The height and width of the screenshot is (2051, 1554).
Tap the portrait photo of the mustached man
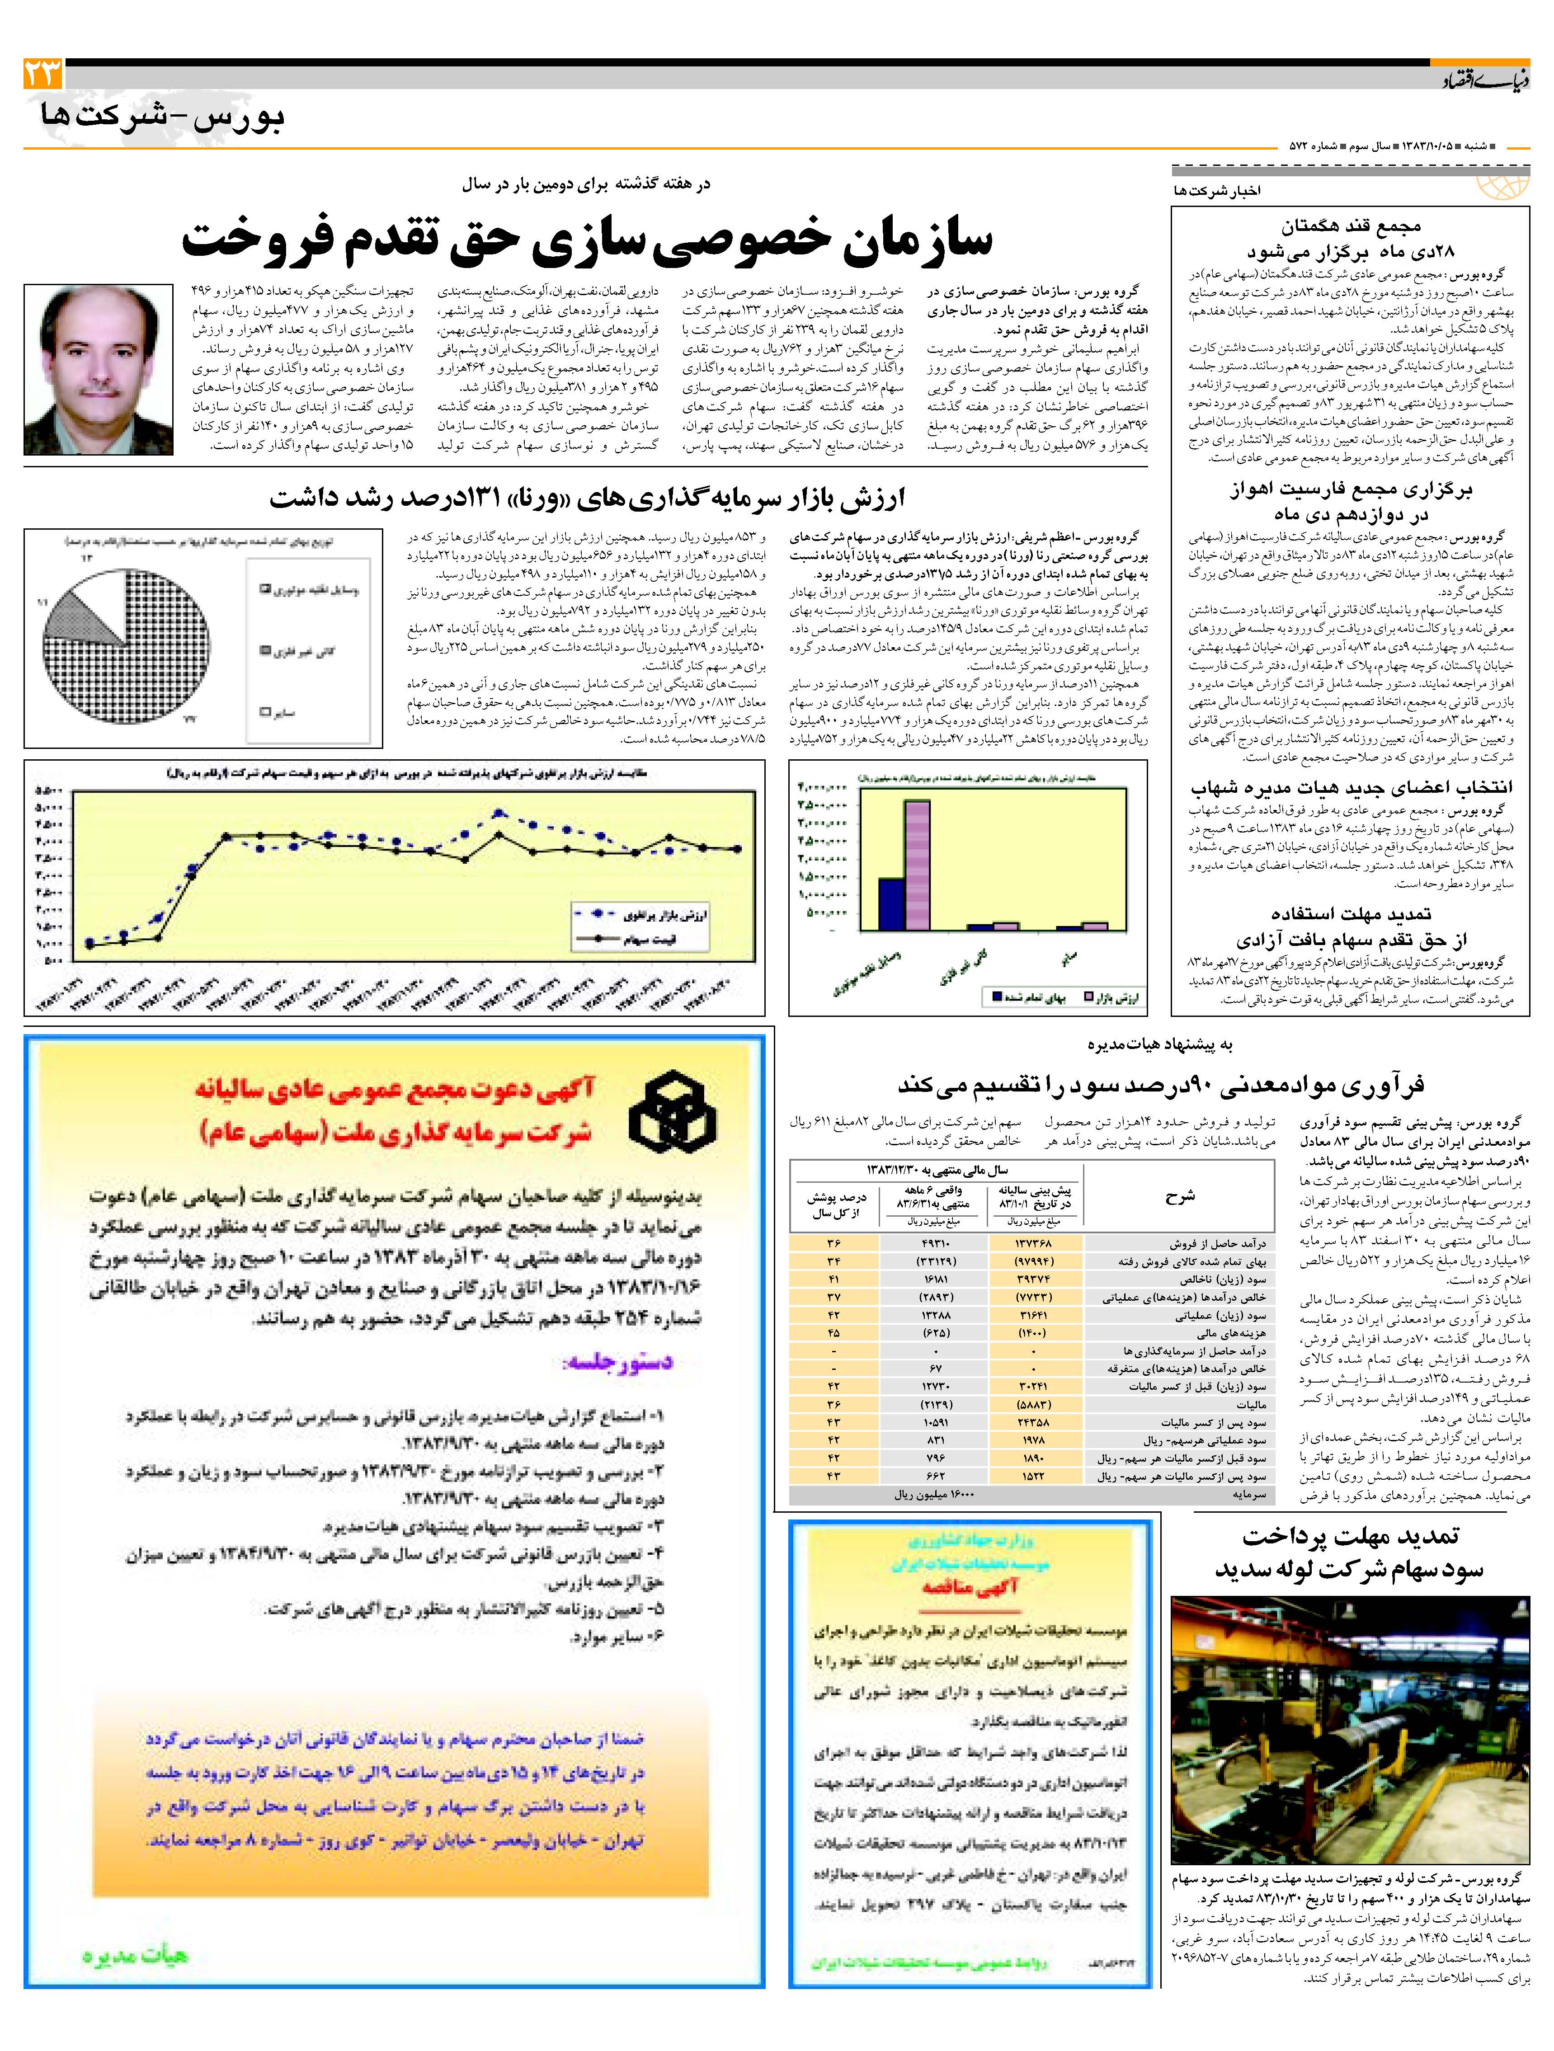(98, 369)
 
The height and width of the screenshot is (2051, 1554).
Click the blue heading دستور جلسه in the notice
(617, 1361)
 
